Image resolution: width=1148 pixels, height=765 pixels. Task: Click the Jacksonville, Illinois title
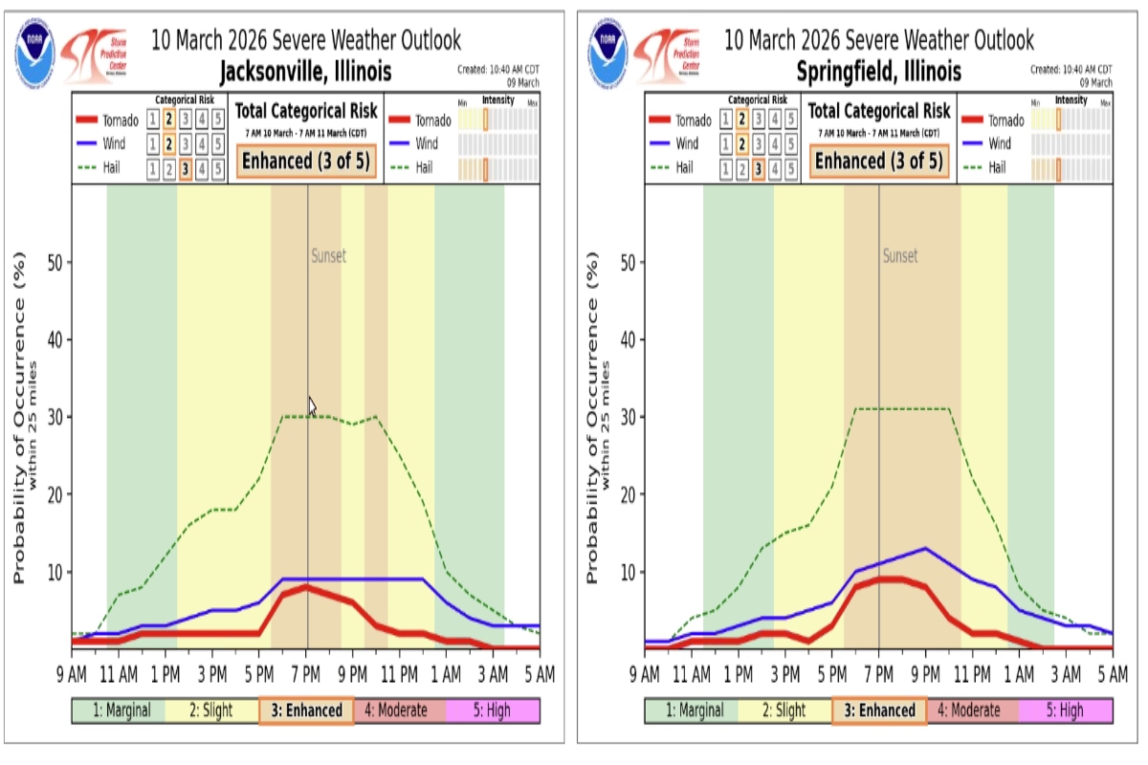305,73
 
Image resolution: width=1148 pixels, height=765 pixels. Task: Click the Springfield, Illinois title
878,73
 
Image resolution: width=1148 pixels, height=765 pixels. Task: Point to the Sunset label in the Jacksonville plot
328,256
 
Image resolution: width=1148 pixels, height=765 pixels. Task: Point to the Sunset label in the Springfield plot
900,256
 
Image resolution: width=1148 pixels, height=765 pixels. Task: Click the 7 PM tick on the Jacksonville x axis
307,674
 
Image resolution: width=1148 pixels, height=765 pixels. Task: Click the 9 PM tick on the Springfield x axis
926,674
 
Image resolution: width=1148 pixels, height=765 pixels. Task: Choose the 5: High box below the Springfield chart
1064,710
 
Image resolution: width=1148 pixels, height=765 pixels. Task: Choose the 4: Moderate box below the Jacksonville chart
399,710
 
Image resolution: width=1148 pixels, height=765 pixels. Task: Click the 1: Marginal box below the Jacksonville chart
118,710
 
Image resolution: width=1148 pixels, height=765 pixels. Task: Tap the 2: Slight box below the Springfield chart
784,710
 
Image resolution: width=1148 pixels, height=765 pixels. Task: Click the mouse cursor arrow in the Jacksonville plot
312,405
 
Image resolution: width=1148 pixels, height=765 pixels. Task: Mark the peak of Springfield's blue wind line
925,548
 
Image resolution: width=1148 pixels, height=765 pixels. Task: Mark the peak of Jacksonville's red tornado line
306,587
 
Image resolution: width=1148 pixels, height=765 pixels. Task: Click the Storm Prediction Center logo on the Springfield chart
666,55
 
